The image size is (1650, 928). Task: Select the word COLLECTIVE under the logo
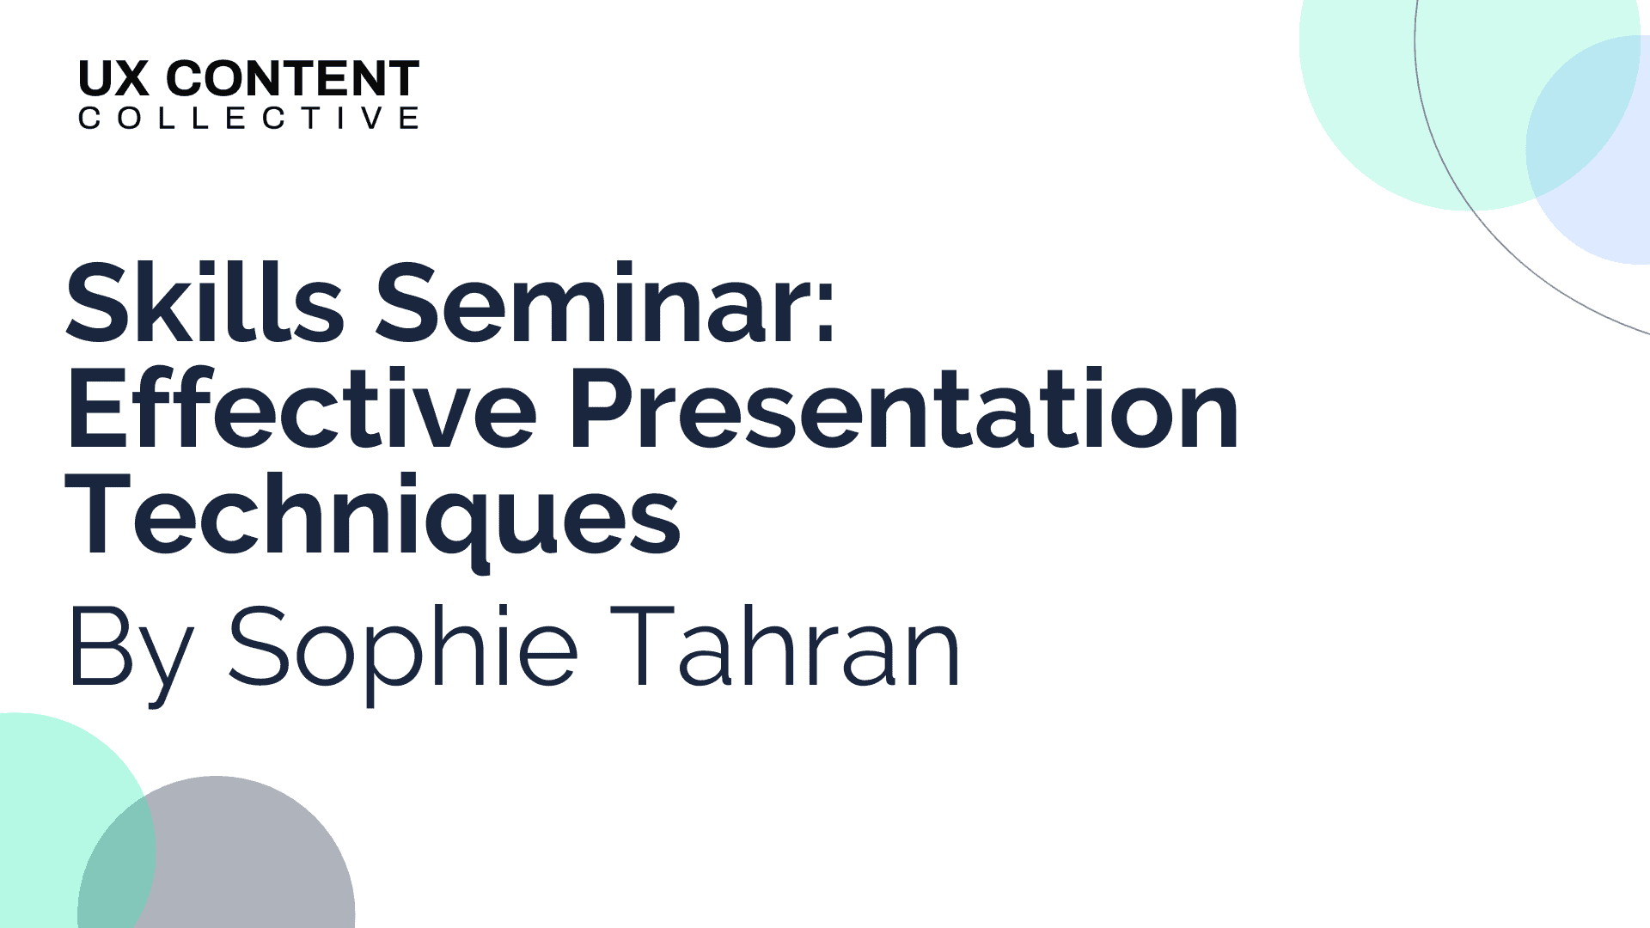[x=248, y=118]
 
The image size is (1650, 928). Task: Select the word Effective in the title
[x=302, y=408]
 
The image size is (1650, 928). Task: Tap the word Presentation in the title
[x=903, y=408]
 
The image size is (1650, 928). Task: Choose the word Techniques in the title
[x=373, y=520]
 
